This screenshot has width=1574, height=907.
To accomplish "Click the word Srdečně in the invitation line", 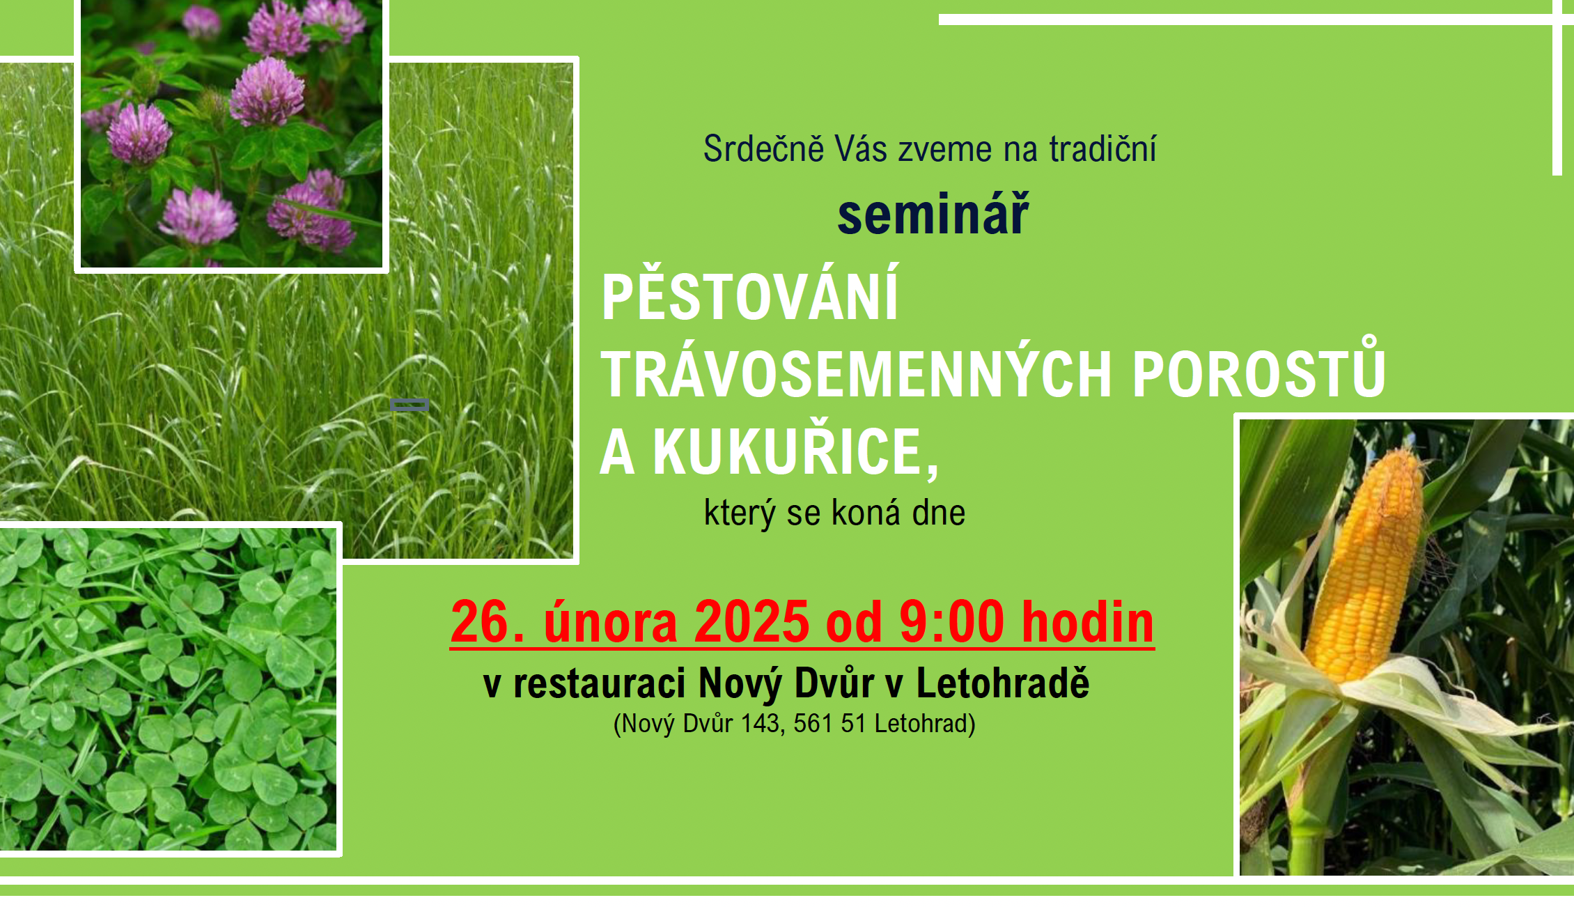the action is coord(764,148).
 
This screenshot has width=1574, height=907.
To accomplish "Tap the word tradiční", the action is coord(1102,148).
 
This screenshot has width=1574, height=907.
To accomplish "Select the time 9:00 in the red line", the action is coord(951,621).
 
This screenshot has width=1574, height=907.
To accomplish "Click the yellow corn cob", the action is coord(1365,564).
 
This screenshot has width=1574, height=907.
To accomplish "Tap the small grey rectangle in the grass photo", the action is coord(409,404).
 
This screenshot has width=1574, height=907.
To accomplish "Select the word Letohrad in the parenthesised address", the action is coord(921,724).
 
